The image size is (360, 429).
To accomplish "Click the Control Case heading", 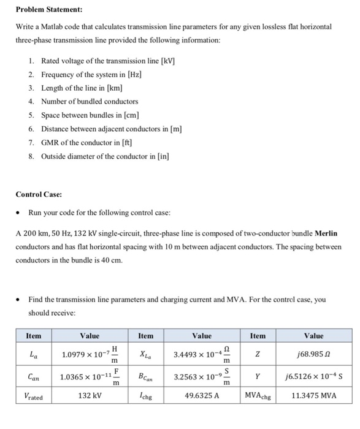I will [39, 194].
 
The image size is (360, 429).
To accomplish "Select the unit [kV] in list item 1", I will [167, 61].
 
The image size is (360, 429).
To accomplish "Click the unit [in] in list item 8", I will [162, 156].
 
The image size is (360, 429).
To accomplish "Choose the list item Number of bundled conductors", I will [90, 102].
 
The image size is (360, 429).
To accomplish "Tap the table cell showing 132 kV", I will [90, 395].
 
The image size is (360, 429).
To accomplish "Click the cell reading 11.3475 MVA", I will [313, 395].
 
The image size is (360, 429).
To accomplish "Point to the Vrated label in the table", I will [33, 396].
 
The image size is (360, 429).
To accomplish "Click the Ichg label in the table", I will [146, 396].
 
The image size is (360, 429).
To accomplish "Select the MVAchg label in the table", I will [258, 396].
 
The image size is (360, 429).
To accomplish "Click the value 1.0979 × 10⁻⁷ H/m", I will [90, 354].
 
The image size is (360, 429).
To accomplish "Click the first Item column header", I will [33, 336].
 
